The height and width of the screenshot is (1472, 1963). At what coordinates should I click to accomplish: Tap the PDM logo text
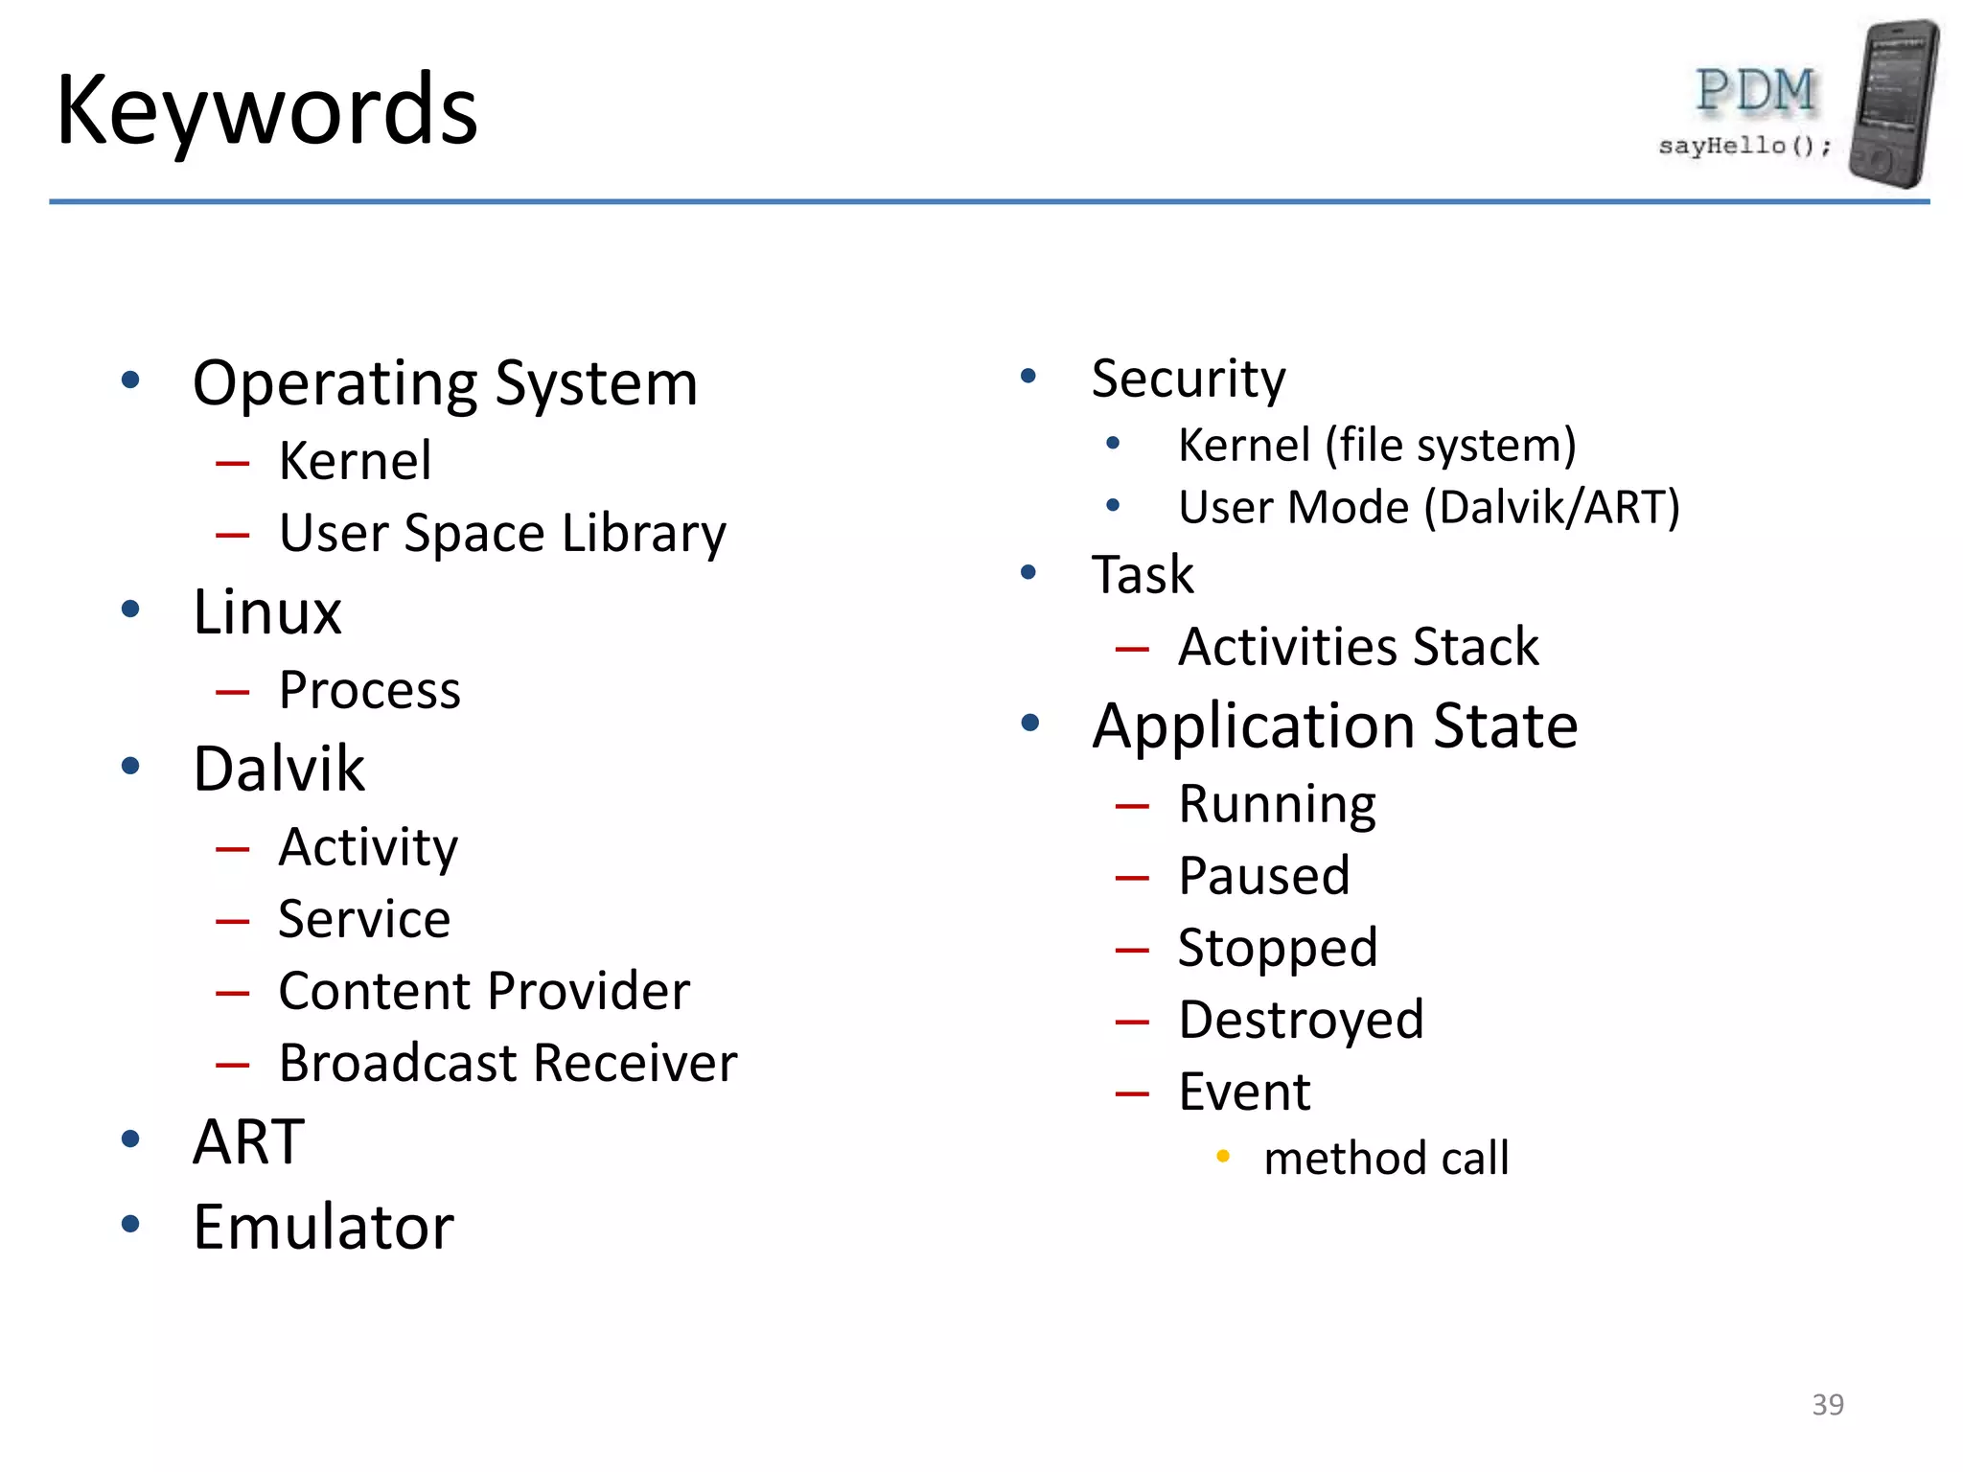1755,92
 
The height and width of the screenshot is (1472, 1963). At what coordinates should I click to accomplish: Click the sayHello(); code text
1744,146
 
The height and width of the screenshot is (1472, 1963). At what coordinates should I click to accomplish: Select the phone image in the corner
1893,103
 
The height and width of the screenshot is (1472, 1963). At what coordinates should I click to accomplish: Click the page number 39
1827,1405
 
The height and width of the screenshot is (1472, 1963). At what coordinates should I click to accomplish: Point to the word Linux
267,612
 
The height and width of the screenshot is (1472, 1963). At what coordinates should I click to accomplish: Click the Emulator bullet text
323,1227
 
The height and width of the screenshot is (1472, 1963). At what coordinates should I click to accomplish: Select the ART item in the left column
248,1141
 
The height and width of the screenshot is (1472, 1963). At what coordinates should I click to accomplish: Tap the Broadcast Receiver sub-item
508,1063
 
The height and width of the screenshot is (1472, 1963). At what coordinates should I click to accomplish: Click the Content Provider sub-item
484,991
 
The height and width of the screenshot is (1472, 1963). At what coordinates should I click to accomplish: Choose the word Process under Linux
370,690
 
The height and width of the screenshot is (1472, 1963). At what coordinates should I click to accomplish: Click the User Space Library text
502,534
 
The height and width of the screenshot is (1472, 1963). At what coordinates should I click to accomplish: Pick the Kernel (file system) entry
1376,446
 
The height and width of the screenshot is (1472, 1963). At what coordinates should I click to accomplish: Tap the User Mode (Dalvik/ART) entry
1428,508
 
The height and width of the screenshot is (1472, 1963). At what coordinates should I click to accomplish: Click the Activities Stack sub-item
1358,647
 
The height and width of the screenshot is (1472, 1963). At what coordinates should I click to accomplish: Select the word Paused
1264,876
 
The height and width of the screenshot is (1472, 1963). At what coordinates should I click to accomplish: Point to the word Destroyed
1301,1020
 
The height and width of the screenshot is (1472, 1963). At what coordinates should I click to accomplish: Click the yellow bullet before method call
1223,1157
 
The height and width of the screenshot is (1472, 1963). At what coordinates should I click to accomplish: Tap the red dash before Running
1132,807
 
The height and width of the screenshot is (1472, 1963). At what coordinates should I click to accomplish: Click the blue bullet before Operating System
131,380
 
